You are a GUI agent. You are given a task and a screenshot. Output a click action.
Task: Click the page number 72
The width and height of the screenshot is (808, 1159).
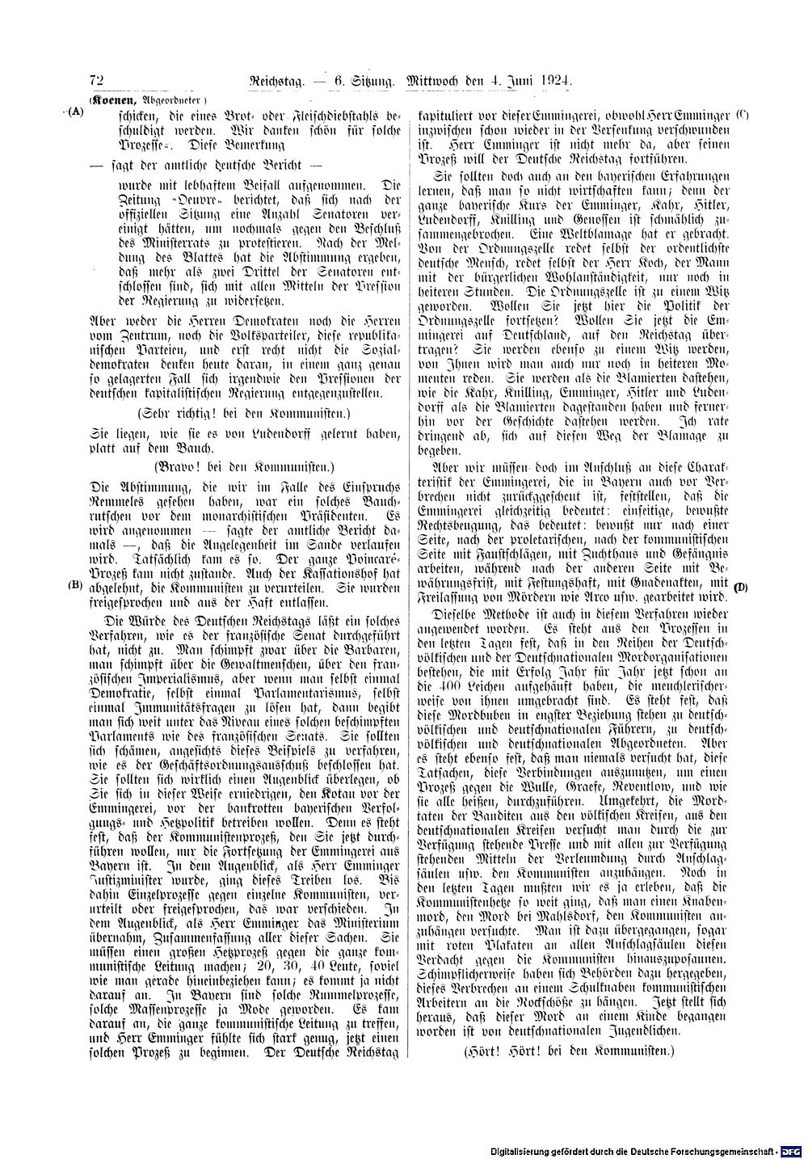(98, 81)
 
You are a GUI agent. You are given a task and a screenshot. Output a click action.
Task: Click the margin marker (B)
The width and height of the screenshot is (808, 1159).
(76, 584)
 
